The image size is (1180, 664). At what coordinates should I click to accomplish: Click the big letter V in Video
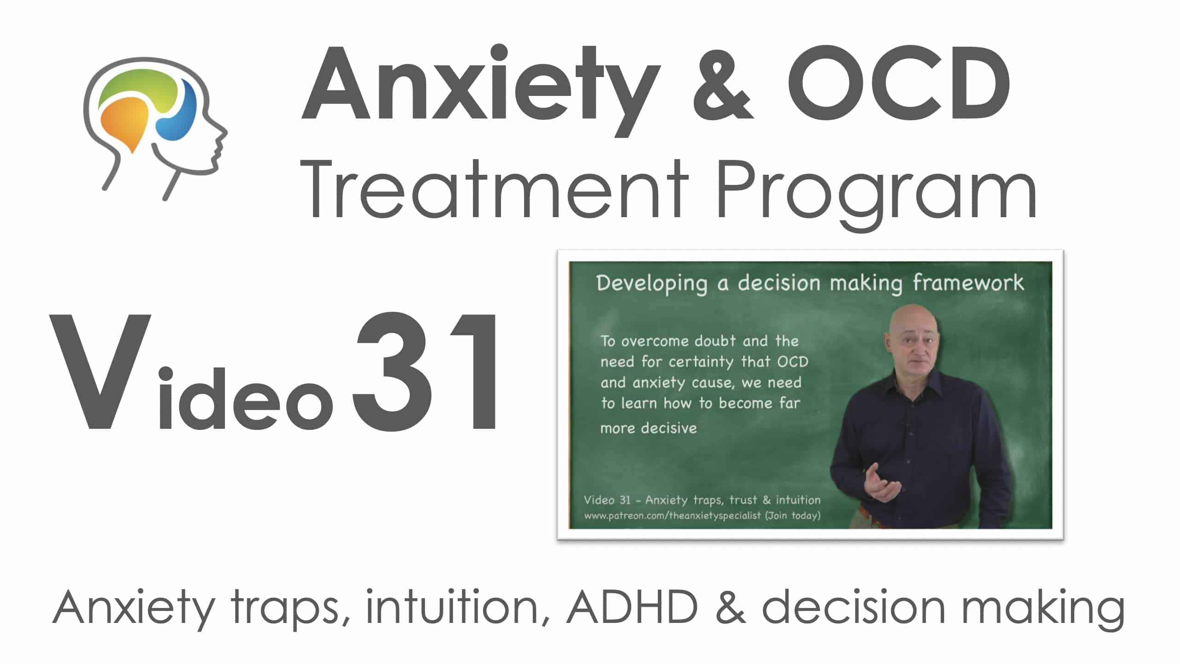[100, 372]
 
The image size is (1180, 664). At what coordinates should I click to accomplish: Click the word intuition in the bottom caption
[452, 608]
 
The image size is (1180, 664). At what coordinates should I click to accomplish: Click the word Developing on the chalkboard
[652, 284]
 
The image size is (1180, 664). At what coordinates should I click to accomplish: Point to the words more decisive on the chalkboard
[649, 428]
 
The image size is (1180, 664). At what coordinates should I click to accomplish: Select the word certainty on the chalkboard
[701, 362]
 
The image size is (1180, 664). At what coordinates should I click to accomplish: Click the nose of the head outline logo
[223, 133]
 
